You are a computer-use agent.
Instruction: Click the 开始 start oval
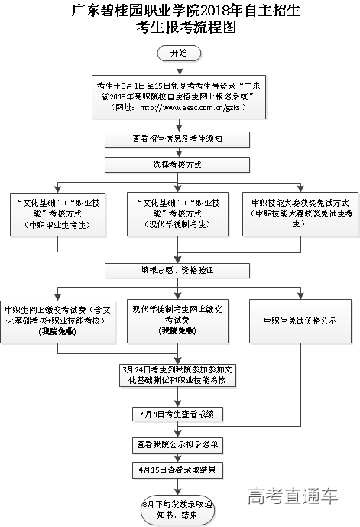click(179, 53)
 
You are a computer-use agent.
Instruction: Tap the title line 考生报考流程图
click(180, 29)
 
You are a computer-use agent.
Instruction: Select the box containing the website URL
click(180, 96)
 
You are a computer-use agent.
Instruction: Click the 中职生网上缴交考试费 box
click(57, 319)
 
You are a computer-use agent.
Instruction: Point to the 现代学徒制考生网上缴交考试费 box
click(177, 319)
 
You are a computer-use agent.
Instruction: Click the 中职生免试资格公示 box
click(300, 320)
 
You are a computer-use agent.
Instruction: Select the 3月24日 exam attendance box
click(179, 375)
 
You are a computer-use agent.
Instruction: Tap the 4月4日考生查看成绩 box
click(178, 414)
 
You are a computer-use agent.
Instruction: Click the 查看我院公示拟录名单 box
click(179, 444)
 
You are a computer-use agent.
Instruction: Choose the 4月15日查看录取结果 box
click(179, 469)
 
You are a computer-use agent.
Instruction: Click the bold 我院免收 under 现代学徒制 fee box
click(177, 330)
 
